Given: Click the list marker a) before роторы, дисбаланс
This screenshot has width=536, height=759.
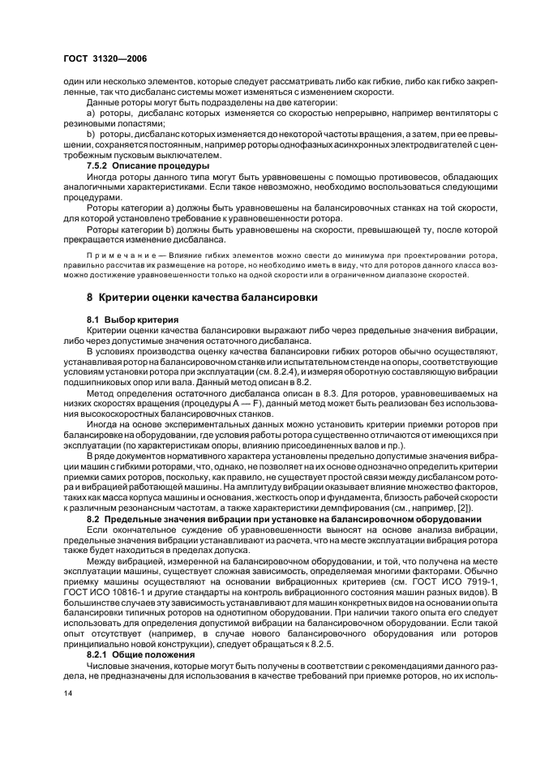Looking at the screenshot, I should [92, 113].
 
